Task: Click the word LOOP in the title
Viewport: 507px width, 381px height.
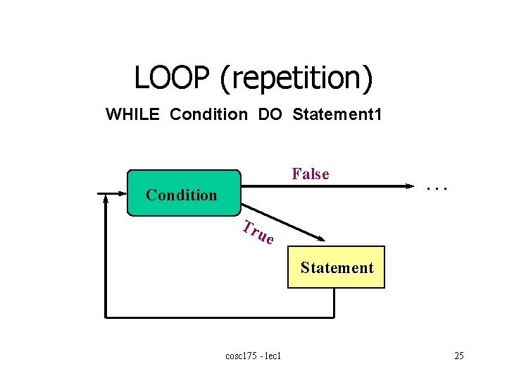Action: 173,78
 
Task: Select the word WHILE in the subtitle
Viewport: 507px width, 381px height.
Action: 133,114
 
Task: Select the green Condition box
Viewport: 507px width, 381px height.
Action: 183,192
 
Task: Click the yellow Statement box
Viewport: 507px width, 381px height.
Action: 337,267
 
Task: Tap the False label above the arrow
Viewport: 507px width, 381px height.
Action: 311,174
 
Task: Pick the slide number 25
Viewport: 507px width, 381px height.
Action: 458,356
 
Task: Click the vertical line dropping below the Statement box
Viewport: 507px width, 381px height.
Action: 335,303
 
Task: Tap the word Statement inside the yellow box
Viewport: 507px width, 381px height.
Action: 337,267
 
